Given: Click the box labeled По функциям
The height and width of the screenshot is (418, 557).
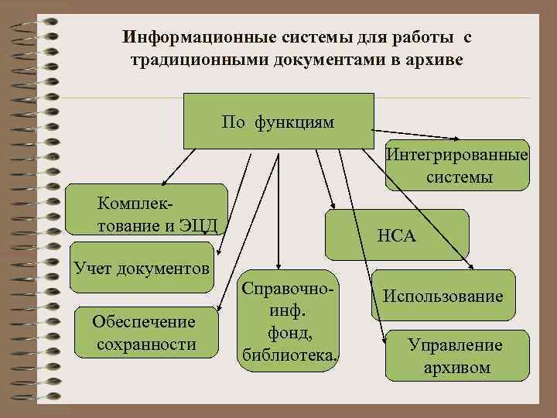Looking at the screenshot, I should pos(278,121).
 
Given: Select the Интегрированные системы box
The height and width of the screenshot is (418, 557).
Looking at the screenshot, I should pos(459,166).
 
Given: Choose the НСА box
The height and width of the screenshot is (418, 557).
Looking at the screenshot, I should pos(397,235).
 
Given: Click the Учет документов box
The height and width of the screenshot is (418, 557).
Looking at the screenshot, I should pos(142,268).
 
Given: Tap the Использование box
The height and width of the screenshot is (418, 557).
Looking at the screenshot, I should pos(443,296).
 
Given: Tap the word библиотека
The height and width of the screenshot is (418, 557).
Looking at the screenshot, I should pos(289,355).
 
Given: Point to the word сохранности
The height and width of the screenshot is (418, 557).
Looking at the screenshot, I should pos(146,344).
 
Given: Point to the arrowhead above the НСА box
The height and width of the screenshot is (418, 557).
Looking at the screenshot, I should pos(330,205).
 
